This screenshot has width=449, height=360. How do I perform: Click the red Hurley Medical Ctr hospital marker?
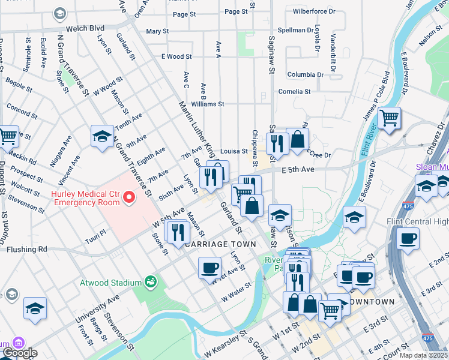pyautogui.click(x=128, y=197)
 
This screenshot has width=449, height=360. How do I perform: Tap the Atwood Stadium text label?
pyautogui.click(x=111, y=282)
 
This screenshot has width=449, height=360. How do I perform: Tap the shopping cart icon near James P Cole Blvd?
pyautogui.click(x=390, y=118)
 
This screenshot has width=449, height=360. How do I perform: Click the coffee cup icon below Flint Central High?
pyautogui.click(x=408, y=239)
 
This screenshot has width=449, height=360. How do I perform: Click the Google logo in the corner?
pyautogui.click(x=19, y=353)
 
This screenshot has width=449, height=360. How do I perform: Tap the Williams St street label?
pyautogui.click(x=208, y=104)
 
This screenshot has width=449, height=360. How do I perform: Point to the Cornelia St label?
pyautogui.click(x=294, y=92)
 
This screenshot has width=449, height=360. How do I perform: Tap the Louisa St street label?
pyautogui.click(x=234, y=151)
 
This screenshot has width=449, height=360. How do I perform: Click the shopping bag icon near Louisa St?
pyautogui.click(x=297, y=140)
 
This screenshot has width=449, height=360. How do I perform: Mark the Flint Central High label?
pyautogui.click(x=424, y=221)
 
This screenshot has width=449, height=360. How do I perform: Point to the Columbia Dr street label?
pyautogui.click(x=305, y=74)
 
